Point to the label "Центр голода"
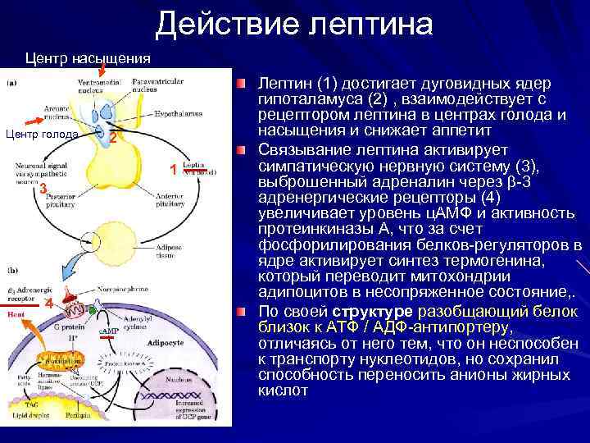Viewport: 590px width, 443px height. (x=42, y=134)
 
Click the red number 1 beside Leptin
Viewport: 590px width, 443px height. (x=174, y=169)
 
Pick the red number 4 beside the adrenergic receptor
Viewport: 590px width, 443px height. (x=48, y=304)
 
